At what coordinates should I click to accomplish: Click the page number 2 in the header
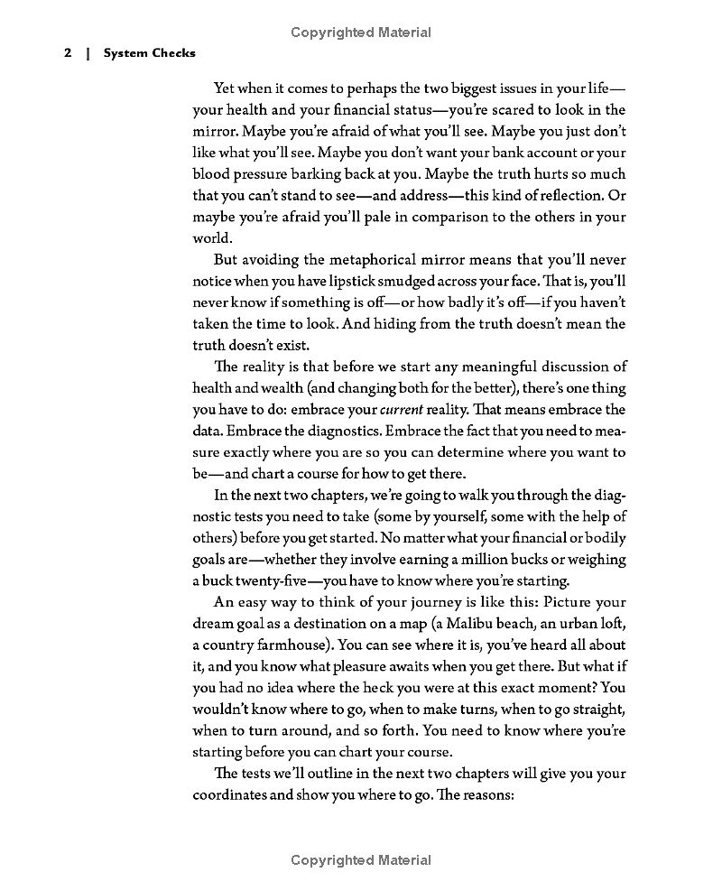68,53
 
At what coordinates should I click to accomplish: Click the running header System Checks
149,53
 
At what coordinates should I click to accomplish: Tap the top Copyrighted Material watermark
361,32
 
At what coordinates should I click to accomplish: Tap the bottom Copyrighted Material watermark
361,860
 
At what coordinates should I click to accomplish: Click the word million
480,560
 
